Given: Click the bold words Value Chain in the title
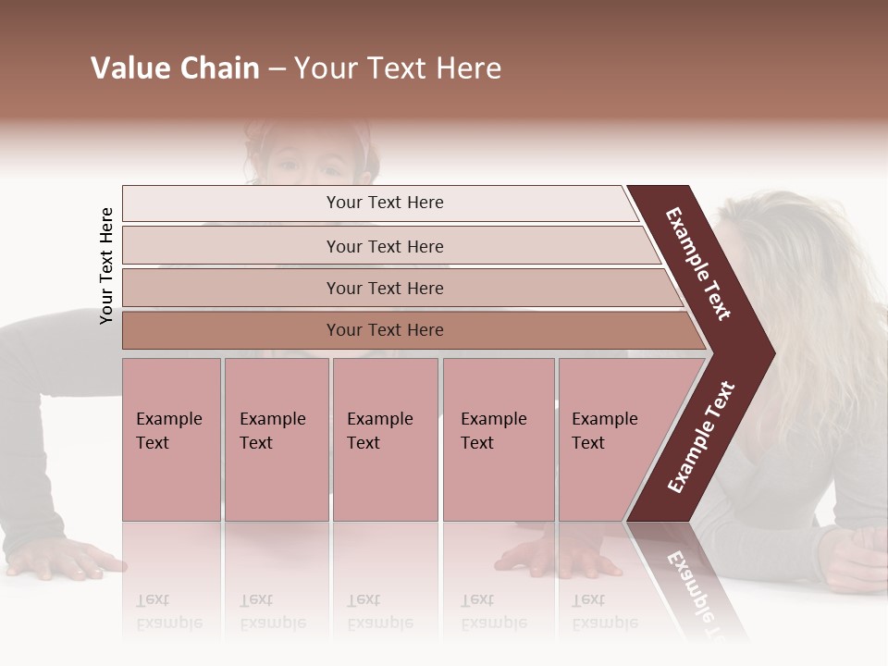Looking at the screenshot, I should tap(175, 68).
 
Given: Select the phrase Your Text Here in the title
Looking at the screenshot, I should tap(398, 68).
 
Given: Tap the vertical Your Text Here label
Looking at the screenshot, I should tap(106, 265).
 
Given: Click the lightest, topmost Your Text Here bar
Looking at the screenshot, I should tap(385, 203).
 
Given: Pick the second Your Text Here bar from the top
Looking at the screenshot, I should tap(385, 246).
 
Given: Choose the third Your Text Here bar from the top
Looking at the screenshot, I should tap(385, 288).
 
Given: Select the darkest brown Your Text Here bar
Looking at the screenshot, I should tap(385, 330).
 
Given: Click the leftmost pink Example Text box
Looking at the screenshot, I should tap(171, 438).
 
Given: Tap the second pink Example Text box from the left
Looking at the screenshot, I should tap(276, 438).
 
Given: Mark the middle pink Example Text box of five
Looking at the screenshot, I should tap(385, 438).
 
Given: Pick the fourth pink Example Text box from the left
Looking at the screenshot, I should tap(499, 438).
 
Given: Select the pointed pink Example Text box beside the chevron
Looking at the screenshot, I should tap(610, 438).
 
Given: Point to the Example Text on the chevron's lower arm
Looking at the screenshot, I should tap(701, 437).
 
